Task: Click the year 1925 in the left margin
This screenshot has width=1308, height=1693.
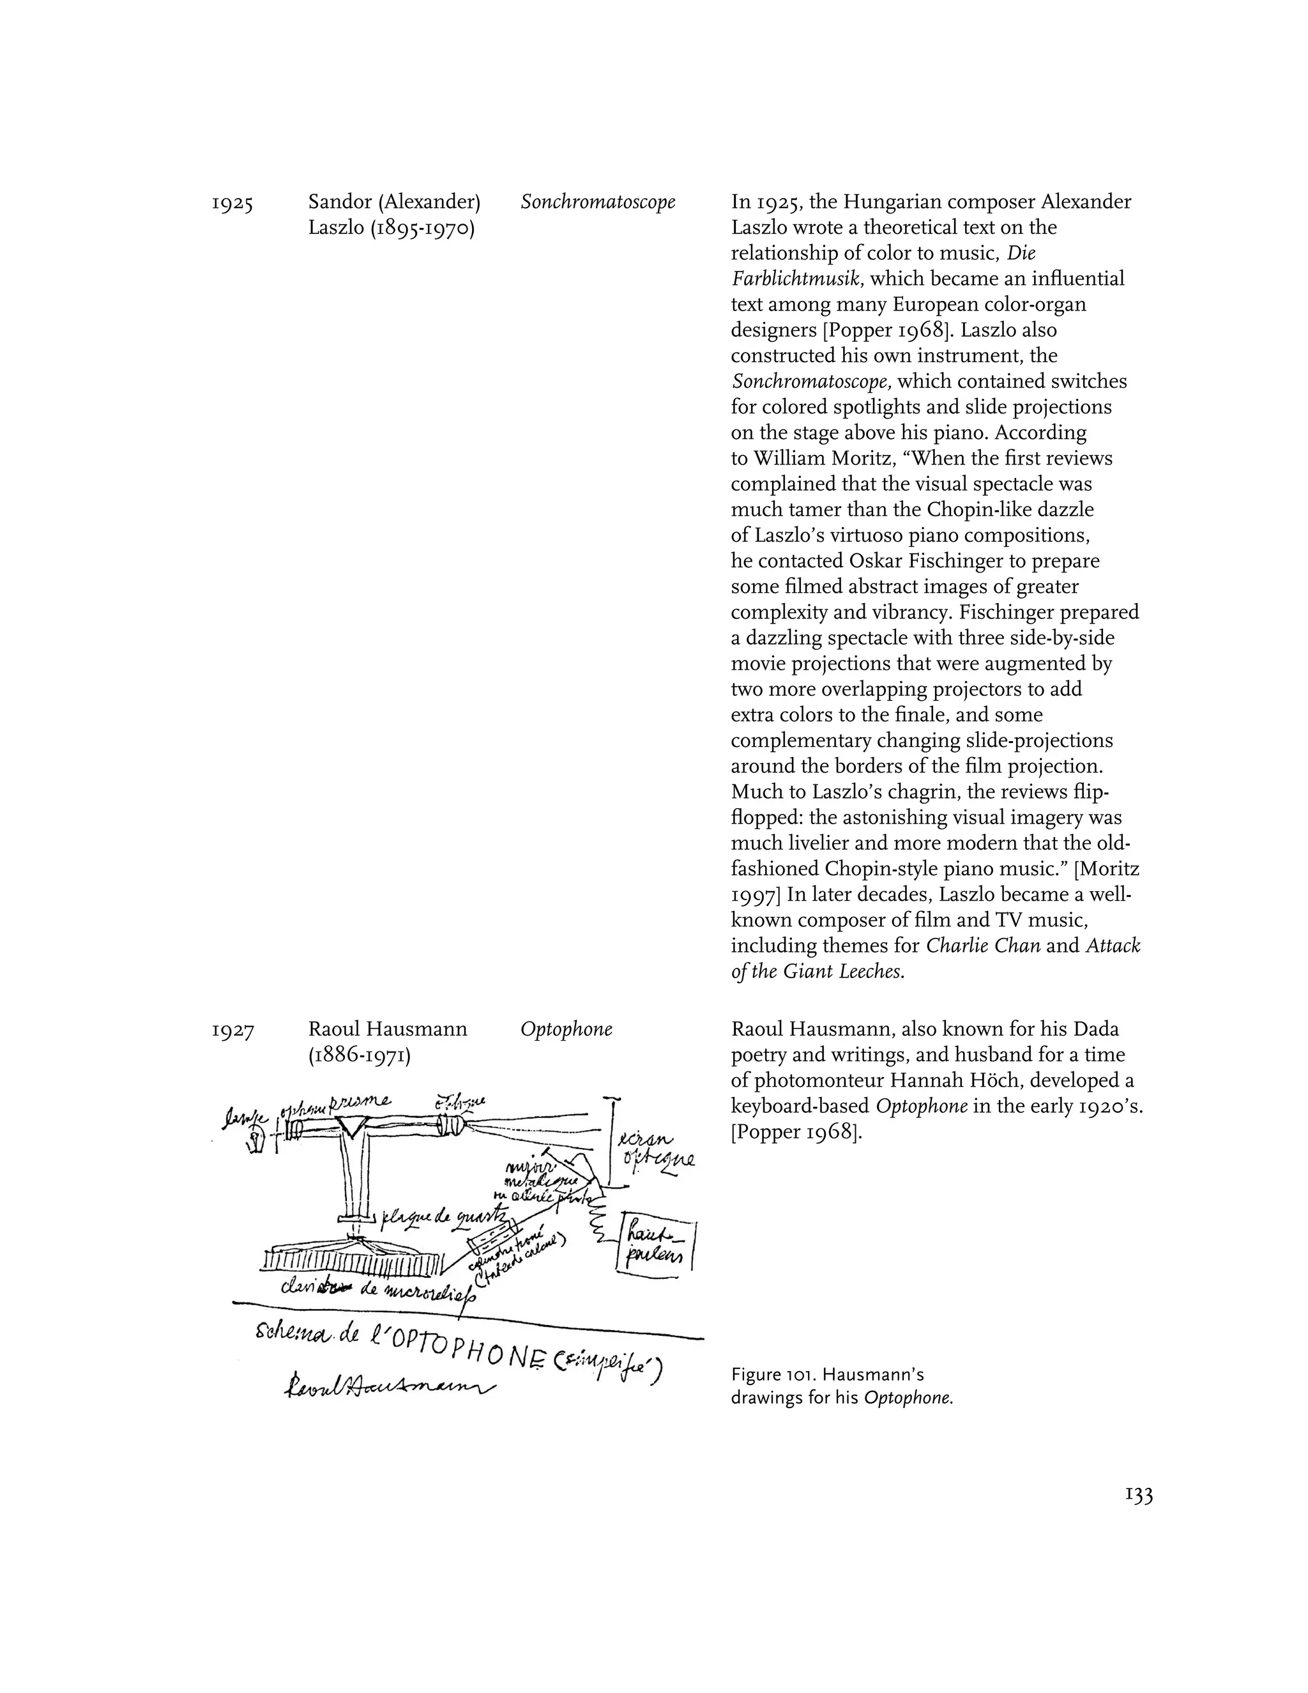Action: point(232,203)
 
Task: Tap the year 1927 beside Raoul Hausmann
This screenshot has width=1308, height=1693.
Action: point(232,1030)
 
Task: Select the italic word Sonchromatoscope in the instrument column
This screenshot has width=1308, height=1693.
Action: point(597,203)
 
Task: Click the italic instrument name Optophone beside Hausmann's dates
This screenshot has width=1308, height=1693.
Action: point(566,1029)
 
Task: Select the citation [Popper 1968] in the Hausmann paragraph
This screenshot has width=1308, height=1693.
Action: point(796,1133)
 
